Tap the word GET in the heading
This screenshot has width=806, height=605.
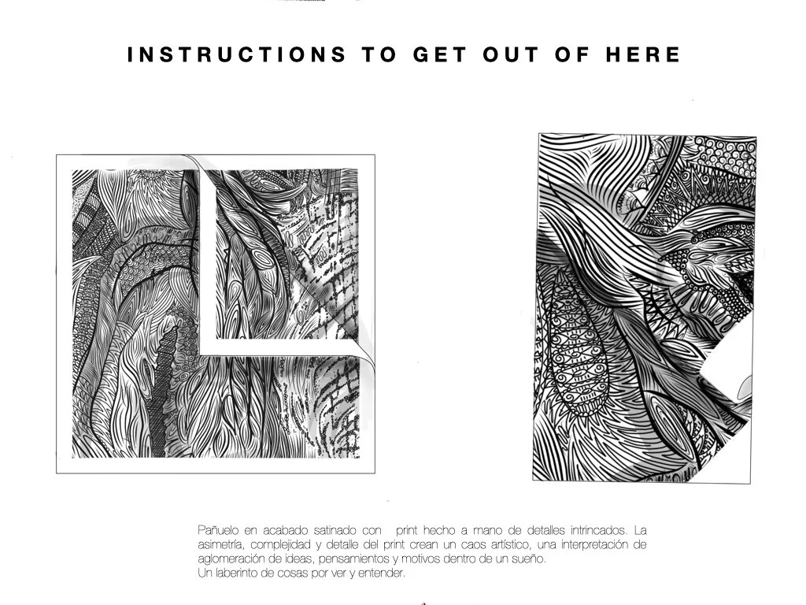440,54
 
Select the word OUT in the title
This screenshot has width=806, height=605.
511,54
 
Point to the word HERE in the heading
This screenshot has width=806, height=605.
643,54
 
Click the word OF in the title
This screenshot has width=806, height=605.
572,54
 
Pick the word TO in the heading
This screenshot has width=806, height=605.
380,54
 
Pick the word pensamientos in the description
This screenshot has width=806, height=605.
351,559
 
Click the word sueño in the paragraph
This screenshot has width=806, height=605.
531,559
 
